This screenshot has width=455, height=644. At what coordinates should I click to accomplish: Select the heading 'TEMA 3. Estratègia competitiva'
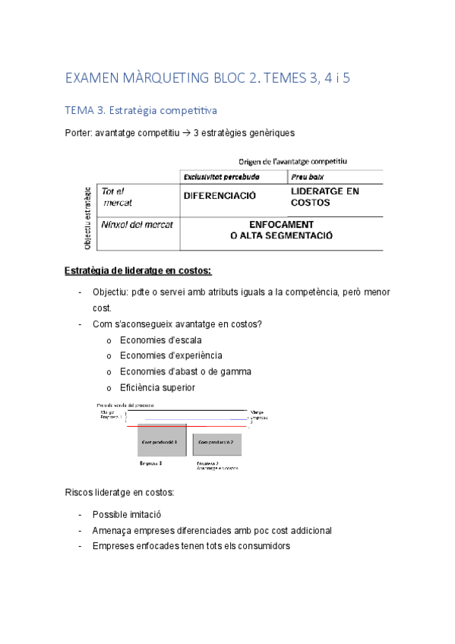pos(141,111)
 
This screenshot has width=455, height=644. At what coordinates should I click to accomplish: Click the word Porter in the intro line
pos(78,134)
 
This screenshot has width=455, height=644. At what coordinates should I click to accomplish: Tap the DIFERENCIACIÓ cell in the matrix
pos(220,195)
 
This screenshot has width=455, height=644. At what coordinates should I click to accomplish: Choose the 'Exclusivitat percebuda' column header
pos(221,176)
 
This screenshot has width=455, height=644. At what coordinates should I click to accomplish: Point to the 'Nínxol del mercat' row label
pos(137,225)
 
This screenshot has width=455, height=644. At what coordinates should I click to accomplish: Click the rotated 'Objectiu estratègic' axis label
pos(88,218)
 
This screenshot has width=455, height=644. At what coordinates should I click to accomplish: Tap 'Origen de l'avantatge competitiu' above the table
pos(292,161)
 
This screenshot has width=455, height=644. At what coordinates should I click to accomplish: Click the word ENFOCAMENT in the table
pos(281,225)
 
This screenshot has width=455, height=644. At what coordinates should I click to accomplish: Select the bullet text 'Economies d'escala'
pos(160,340)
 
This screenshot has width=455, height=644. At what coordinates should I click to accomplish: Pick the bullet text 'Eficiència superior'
pos(157,387)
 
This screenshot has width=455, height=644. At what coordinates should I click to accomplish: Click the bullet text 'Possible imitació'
pos(127,514)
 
